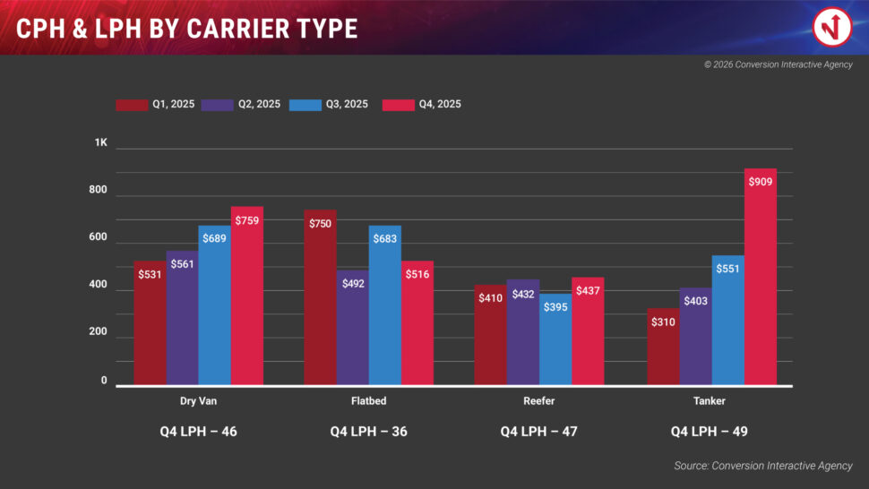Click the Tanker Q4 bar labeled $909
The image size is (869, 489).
click(x=760, y=277)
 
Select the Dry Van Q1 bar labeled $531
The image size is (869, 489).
click(x=150, y=323)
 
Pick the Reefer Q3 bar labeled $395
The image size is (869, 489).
click(x=555, y=339)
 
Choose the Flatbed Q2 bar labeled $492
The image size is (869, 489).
click(x=352, y=328)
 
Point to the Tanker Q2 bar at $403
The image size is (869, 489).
click(x=695, y=336)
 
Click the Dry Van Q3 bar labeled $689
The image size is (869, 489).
click(x=214, y=305)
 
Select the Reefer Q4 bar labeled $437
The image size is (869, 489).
click(x=588, y=331)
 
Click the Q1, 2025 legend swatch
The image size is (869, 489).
click(x=132, y=105)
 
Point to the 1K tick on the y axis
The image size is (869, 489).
click(x=101, y=143)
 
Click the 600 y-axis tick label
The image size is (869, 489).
click(x=98, y=238)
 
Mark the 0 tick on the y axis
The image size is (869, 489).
click(x=104, y=381)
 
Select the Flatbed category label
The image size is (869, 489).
click(x=369, y=401)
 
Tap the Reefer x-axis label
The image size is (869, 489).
click(x=538, y=401)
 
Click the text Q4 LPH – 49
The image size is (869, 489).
click(x=710, y=432)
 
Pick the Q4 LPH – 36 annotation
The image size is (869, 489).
click(x=368, y=432)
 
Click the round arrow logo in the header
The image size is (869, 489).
click(x=831, y=27)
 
